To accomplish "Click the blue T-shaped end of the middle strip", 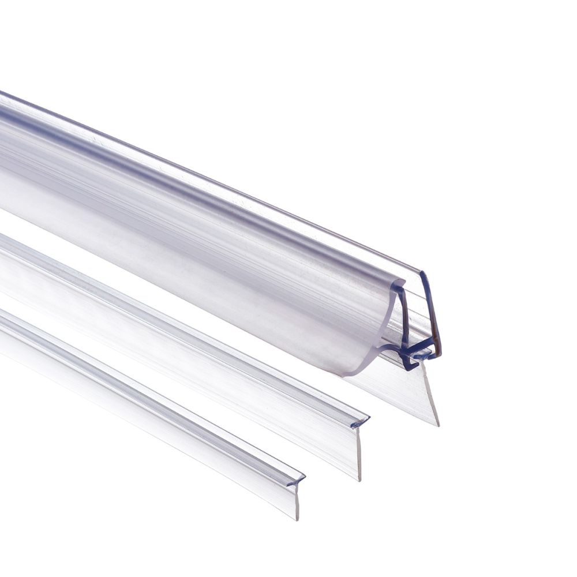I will pos(359,422).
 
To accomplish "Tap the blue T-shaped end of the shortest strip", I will pos(295,481).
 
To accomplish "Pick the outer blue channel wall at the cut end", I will pos(432,312).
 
